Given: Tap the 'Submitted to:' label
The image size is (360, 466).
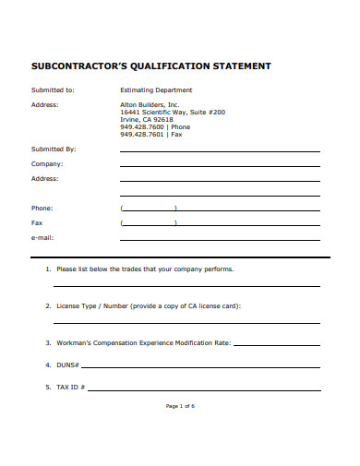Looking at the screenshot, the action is (x=53, y=90).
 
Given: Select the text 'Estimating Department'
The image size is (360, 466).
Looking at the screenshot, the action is (x=156, y=90).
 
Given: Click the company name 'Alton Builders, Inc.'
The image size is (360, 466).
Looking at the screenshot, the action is (x=150, y=104).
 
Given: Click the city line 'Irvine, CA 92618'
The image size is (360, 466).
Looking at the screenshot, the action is (x=147, y=119).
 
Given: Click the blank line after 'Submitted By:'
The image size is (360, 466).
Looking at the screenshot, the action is (x=220, y=149).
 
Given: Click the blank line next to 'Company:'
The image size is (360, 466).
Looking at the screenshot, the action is (x=220, y=164).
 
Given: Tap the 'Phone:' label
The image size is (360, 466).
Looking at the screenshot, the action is (x=42, y=208).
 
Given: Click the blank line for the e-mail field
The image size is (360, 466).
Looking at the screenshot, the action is (x=220, y=239).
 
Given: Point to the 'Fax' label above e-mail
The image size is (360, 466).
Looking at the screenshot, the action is (x=37, y=222).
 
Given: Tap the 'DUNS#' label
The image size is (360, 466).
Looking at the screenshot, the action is (x=67, y=365).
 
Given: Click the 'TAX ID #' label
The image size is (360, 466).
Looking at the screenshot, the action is (x=71, y=388).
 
